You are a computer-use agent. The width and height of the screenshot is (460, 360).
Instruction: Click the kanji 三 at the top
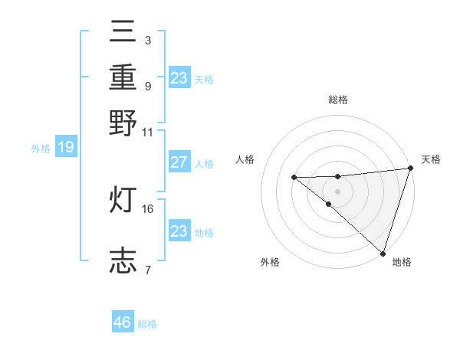point(123,33)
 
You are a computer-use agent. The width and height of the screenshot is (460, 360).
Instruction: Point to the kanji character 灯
point(123,201)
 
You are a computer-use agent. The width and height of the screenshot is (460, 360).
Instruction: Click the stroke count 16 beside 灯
point(148,208)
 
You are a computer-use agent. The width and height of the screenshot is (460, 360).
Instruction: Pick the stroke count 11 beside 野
point(148,131)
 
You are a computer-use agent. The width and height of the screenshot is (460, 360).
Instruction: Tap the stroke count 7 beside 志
point(148,270)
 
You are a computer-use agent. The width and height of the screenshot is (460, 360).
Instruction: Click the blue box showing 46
point(123,322)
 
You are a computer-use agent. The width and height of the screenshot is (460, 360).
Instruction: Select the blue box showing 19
point(66,147)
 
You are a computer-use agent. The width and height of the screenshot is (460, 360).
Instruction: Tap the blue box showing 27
point(179,162)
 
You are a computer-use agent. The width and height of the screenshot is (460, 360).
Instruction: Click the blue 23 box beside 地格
point(179,231)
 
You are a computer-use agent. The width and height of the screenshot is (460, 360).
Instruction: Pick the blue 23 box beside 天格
point(179,78)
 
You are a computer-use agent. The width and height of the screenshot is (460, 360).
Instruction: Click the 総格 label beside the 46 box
point(147,324)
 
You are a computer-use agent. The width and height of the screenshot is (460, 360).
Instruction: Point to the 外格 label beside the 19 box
point(41,149)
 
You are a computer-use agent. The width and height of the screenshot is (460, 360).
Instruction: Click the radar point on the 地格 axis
point(383,254)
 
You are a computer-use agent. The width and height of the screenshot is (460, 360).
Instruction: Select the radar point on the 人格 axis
point(294,178)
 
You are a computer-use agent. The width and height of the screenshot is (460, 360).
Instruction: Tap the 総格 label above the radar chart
point(337,100)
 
